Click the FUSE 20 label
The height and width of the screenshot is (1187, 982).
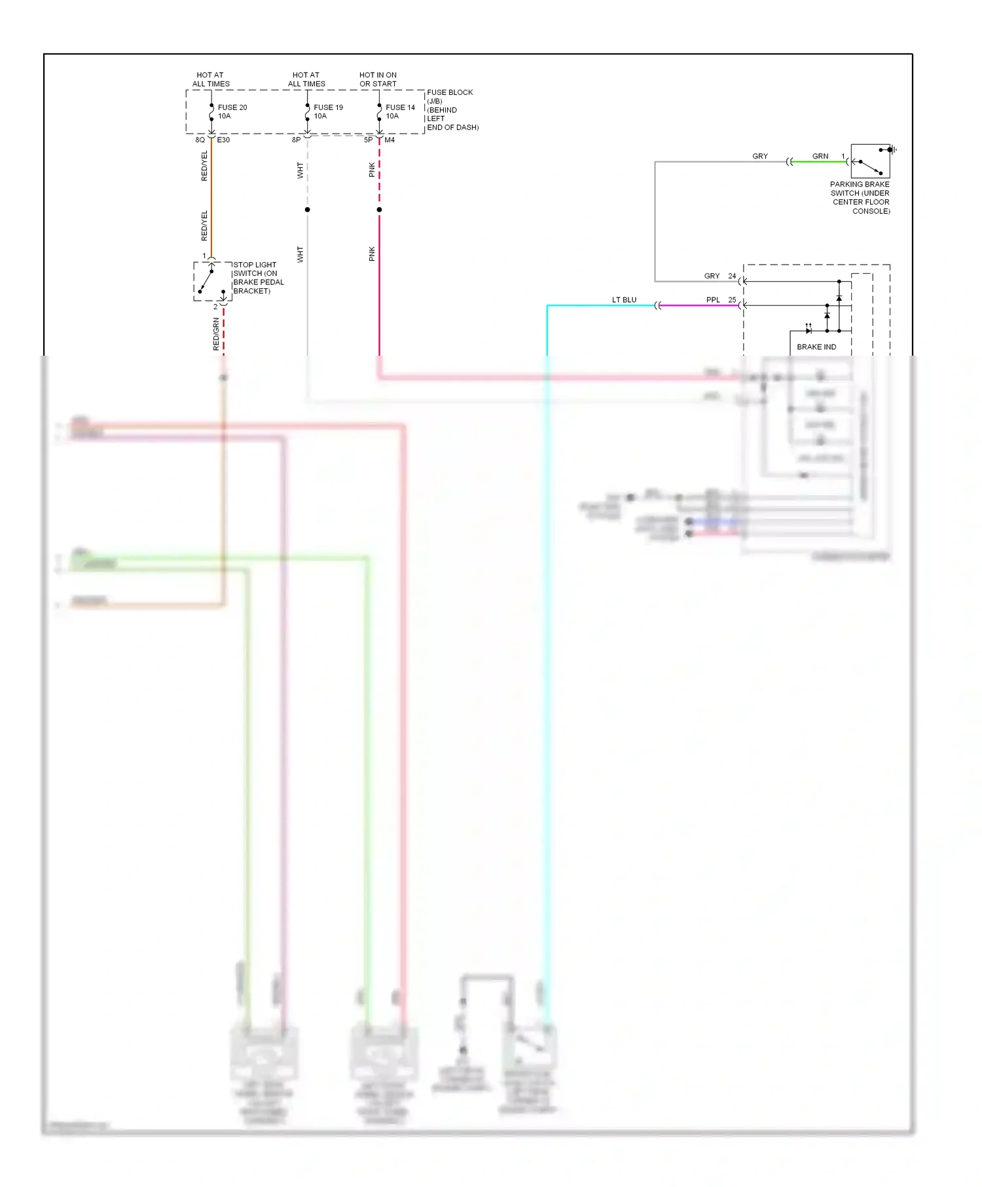[x=232, y=107]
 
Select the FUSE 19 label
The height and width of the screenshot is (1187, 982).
[x=328, y=107]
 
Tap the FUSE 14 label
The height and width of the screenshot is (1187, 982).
[x=400, y=107]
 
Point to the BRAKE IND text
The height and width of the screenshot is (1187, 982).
[x=816, y=347]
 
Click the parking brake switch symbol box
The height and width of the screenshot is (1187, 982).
[x=870, y=161]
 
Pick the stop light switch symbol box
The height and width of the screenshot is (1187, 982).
[x=213, y=281]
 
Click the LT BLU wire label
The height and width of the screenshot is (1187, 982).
[x=624, y=300]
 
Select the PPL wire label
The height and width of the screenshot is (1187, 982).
[x=713, y=300]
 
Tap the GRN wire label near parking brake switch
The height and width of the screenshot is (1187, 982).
[x=820, y=157]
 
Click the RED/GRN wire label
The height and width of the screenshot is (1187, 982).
[x=216, y=334]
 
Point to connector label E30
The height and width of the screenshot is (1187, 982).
[x=223, y=140]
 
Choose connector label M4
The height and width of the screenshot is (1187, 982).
[x=390, y=140]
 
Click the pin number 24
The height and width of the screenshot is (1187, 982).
[x=732, y=276]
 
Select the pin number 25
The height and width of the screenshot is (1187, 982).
[x=732, y=300]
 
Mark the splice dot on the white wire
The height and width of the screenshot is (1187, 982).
[x=307, y=210]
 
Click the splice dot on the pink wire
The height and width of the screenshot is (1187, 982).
[x=379, y=210]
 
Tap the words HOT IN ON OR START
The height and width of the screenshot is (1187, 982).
[x=378, y=79]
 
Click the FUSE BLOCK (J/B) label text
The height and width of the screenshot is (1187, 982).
[x=450, y=96]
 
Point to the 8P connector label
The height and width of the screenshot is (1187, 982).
[x=296, y=140]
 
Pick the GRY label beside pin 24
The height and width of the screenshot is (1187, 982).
[x=712, y=276]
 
